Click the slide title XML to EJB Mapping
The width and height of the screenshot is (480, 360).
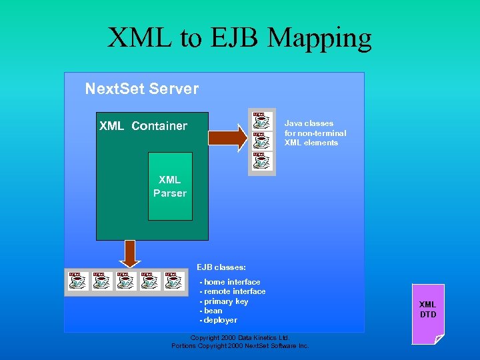coord(239,38)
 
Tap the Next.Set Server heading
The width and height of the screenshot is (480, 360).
coord(141,89)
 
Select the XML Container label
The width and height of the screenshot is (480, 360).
coord(143,126)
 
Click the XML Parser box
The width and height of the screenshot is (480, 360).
coord(170,187)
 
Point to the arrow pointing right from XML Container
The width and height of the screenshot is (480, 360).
coord(227,137)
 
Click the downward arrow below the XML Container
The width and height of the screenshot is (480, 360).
coord(131,254)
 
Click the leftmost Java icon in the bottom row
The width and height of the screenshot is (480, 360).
coord(77,281)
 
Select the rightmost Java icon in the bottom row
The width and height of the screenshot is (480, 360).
coord(174,281)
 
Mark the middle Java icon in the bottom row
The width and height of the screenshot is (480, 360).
coord(126,281)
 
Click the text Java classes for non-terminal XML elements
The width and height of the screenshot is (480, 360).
coord(315,133)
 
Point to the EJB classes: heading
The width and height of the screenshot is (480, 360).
coord(221,267)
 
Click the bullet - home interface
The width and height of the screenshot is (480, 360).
coord(230,282)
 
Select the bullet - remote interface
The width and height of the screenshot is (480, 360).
coord(233,291)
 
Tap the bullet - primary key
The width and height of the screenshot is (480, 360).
coord(224,301)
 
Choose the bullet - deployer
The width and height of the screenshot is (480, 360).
coord(218,320)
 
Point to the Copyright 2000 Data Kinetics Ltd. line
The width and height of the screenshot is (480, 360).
coord(239,338)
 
